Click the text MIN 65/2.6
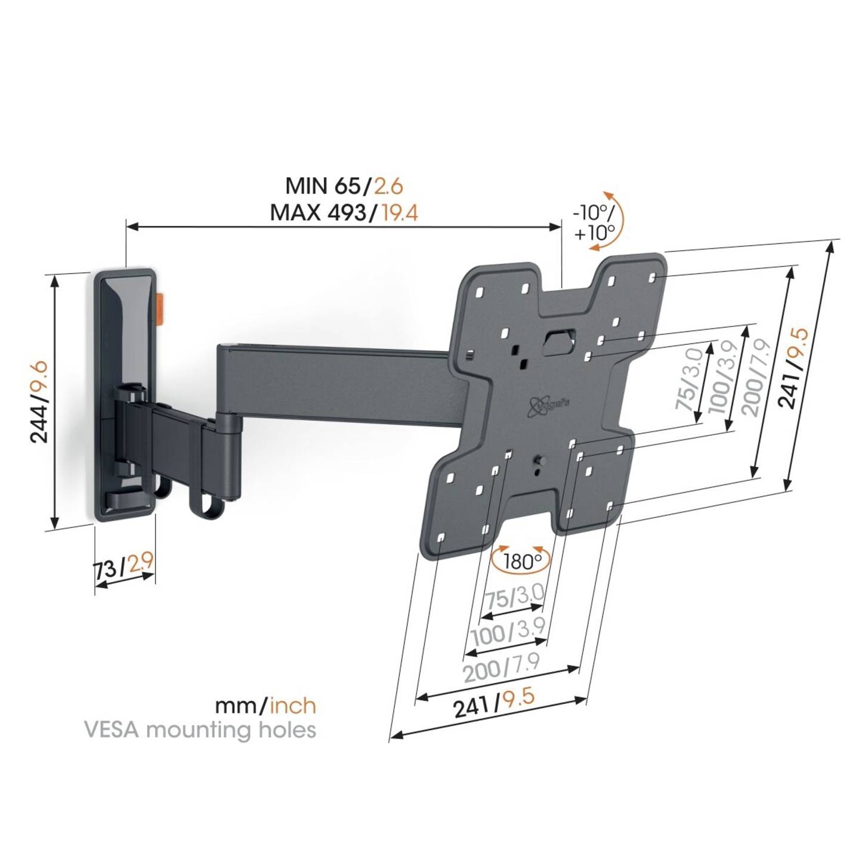(x=344, y=186)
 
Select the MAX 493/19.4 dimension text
(x=344, y=212)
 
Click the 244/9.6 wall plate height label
(x=40, y=401)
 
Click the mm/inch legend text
(x=265, y=706)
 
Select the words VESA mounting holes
(x=200, y=730)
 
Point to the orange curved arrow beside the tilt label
(x=617, y=218)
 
